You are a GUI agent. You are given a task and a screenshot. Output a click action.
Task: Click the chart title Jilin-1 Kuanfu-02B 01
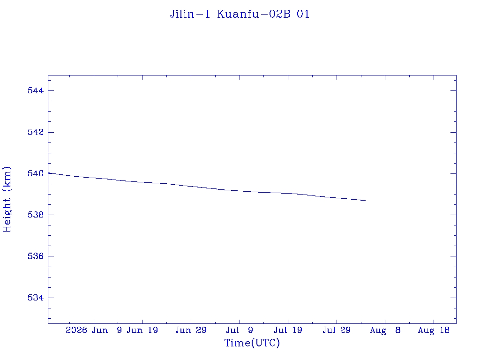(x=240, y=14)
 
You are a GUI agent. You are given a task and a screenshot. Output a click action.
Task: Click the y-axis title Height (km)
(x=7, y=200)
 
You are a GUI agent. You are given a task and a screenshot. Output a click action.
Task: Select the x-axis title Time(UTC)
(x=252, y=343)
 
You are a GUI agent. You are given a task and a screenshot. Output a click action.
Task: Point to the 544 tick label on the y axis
(x=36, y=90)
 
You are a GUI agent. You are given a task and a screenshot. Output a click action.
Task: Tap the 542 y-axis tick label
(x=36, y=132)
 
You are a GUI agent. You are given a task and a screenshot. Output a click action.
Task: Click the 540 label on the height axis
(x=36, y=173)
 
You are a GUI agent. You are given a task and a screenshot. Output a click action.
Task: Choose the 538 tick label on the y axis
(x=36, y=215)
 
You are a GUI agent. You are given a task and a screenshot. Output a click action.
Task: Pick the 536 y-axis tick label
(x=36, y=256)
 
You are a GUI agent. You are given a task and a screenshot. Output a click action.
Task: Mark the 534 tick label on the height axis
(x=36, y=298)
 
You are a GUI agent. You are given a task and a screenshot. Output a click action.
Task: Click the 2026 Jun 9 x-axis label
(x=94, y=330)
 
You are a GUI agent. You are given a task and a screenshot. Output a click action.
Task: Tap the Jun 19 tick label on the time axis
(x=142, y=330)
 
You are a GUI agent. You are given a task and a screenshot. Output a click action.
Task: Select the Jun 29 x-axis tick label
(x=191, y=330)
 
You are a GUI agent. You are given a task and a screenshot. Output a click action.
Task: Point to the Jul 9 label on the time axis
(x=240, y=330)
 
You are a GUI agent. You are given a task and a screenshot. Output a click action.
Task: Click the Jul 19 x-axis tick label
(x=288, y=330)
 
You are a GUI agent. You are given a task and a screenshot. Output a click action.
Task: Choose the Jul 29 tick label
(x=337, y=330)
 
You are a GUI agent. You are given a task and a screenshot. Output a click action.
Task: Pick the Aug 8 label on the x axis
(x=385, y=330)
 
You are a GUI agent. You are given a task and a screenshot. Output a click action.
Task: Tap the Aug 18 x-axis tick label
(x=434, y=330)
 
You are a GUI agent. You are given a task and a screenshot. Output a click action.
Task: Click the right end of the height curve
(x=366, y=201)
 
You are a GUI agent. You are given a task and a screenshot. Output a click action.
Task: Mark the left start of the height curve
(x=48, y=173)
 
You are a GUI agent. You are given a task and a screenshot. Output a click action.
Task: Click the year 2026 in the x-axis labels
(x=76, y=330)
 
